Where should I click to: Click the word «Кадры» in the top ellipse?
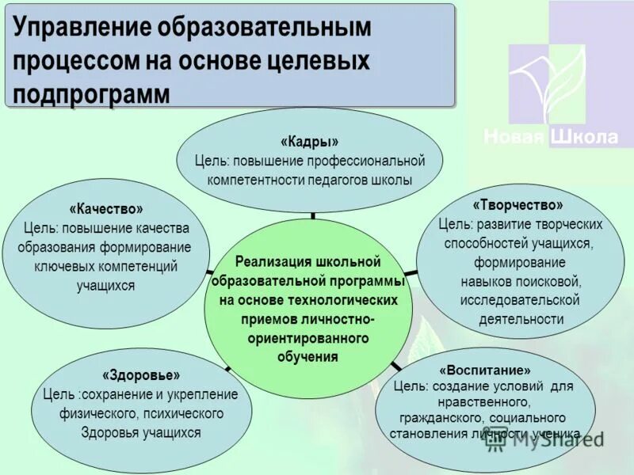309,142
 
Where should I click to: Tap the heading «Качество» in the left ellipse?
106,209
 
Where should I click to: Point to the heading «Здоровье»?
141,374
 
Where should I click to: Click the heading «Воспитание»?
485,370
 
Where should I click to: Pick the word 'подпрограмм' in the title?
92,93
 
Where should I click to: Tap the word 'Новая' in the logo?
514,137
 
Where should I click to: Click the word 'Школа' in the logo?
584,137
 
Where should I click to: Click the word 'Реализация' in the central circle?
274,261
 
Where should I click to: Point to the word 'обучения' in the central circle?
308,357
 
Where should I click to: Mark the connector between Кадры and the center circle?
313,215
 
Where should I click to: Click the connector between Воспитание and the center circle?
394,366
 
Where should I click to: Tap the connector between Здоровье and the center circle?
227,368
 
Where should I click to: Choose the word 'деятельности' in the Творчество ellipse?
521,320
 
